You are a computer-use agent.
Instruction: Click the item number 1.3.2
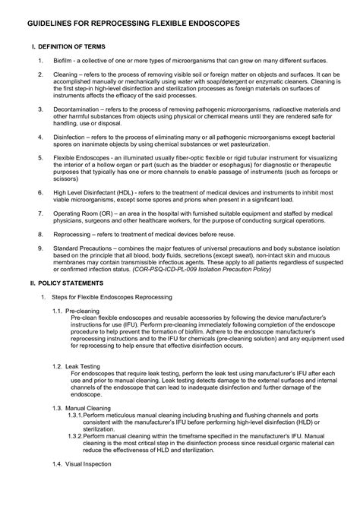(x=74, y=437)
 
